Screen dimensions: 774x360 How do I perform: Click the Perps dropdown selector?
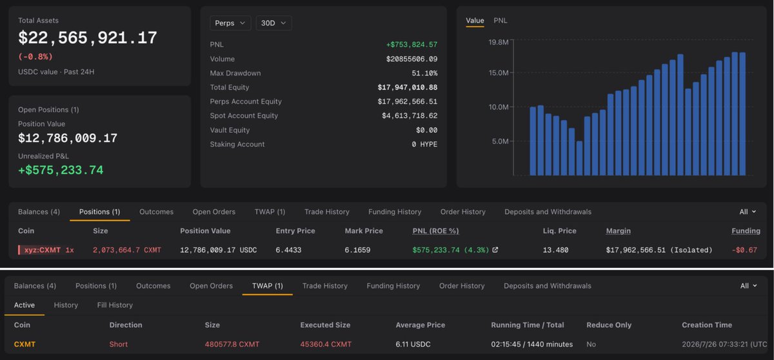point(230,23)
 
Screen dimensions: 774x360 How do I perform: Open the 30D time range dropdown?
point(273,23)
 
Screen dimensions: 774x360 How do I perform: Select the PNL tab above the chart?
point(501,21)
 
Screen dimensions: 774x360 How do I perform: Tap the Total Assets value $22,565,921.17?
point(88,37)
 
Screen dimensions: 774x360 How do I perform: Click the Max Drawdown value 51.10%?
point(424,74)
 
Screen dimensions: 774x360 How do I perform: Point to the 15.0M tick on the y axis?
point(498,73)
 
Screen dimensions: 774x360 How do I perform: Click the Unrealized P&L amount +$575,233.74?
point(61,170)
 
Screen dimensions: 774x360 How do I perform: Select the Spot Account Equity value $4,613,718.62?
point(410,115)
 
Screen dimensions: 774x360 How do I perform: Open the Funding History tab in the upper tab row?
point(395,212)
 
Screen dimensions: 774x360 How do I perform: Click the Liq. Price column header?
point(559,231)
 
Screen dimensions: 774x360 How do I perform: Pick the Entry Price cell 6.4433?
point(288,250)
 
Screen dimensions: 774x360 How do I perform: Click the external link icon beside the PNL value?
point(495,250)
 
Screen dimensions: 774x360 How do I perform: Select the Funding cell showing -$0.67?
point(744,250)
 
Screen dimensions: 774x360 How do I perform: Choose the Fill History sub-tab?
point(115,305)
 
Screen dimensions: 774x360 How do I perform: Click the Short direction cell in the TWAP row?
point(119,344)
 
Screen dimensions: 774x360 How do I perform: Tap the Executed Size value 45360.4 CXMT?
point(326,344)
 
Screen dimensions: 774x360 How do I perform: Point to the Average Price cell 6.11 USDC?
point(413,344)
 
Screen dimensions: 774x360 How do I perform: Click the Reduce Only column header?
point(609,325)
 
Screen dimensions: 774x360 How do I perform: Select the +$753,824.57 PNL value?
point(412,45)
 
